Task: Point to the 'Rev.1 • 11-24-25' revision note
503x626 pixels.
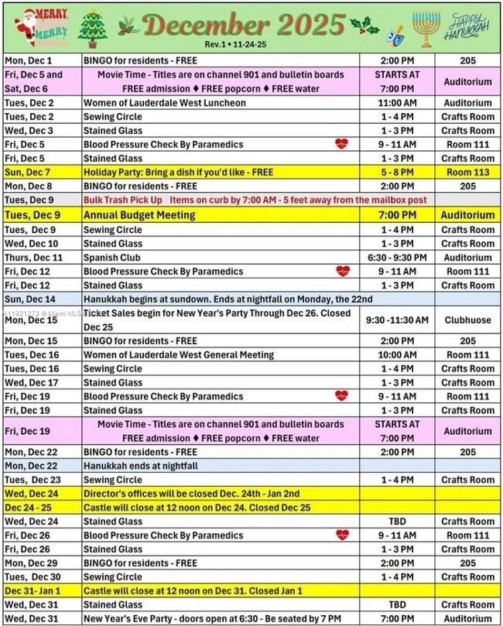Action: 236,45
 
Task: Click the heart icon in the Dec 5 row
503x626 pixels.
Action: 341,144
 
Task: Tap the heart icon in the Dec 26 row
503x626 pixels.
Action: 341,535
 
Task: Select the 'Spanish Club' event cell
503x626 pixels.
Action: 111,258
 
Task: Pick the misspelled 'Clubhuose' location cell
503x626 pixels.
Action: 467,320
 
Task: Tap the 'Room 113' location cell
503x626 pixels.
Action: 467,172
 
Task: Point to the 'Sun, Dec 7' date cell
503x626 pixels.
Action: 30,172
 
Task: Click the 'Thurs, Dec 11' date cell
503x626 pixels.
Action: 34,258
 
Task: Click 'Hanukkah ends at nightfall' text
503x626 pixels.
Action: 141,466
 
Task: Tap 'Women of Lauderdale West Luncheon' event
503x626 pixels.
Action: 165,102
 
